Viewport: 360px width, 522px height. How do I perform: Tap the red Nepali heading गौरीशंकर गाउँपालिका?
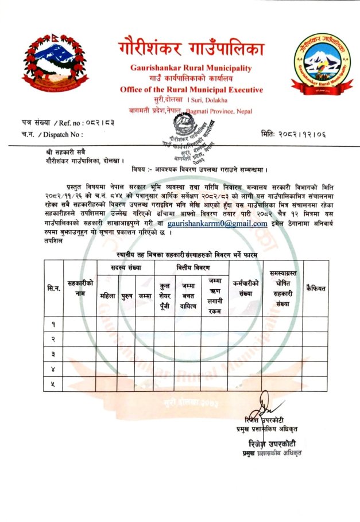click(192, 49)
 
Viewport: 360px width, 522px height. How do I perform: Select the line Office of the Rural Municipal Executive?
click(191, 90)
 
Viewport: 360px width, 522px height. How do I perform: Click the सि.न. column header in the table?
click(53, 287)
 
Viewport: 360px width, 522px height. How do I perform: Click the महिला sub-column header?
click(107, 296)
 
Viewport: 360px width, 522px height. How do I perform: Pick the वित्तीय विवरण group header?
click(191, 267)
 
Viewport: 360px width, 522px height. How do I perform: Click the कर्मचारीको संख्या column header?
click(247, 288)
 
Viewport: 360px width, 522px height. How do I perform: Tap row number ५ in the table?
click(53, 384)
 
